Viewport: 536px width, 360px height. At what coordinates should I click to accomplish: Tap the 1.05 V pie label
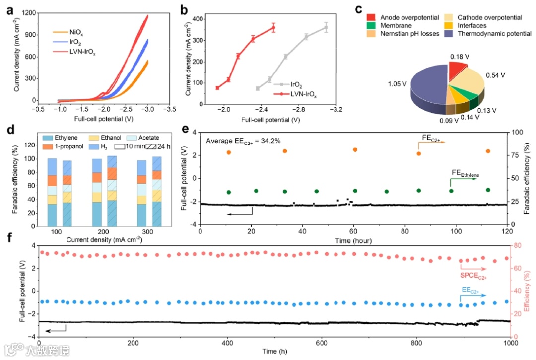[x=398, y=77]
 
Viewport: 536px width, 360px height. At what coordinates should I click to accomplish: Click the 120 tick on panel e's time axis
[x=507, y=232]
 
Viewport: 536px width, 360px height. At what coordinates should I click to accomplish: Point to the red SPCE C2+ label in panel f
[x=472, y=275]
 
